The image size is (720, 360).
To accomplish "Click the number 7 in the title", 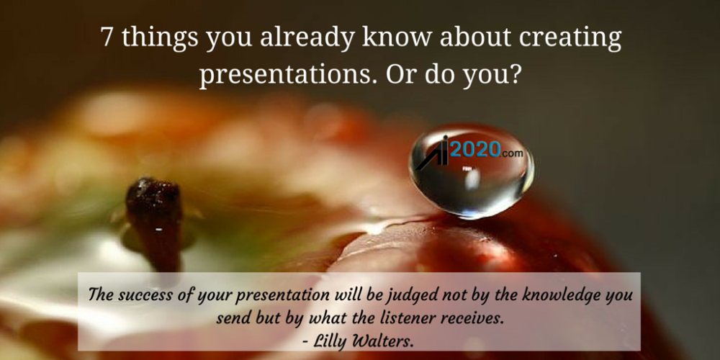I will click(107, 38).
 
